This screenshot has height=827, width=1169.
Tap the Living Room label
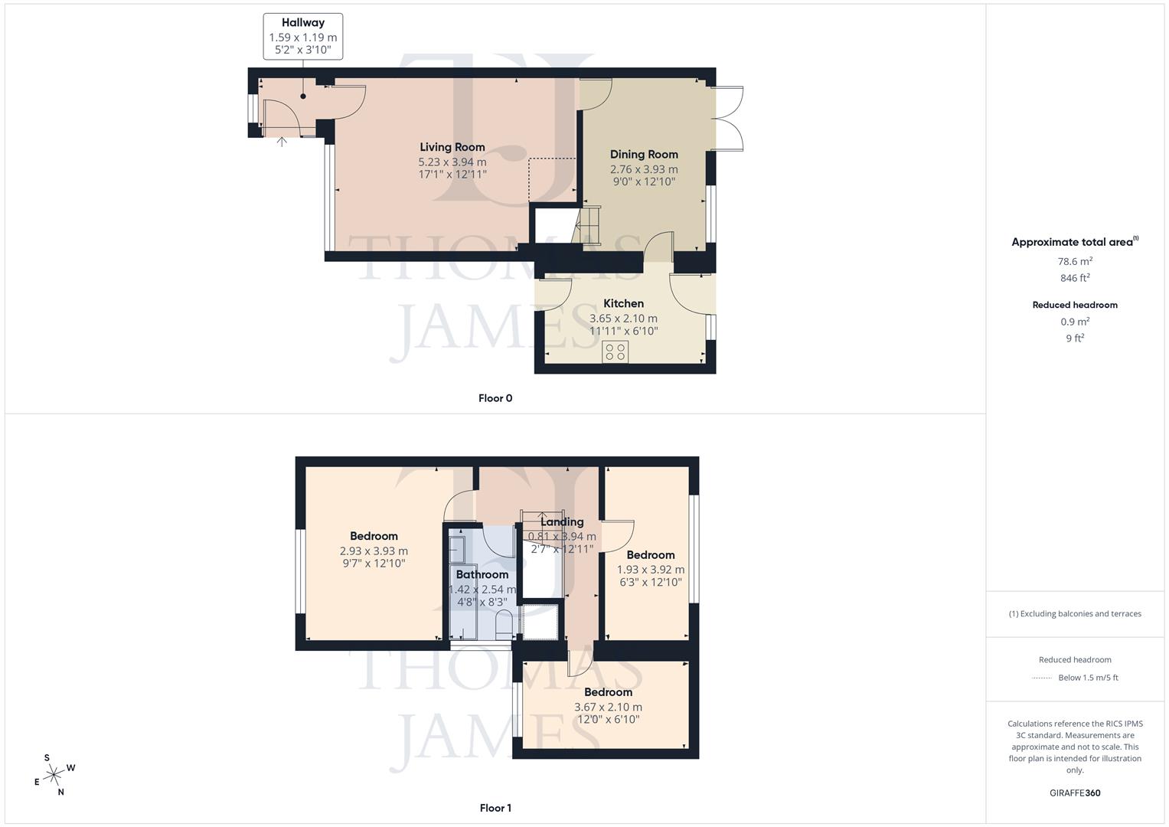coord(452,147)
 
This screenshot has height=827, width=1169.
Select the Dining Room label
coord(644,155)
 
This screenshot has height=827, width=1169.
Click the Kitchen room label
coord(623,303)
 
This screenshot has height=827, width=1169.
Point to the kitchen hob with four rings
coord(615,351)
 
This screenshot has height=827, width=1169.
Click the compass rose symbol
coord(54,776)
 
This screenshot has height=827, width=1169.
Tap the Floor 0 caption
coord(495,398)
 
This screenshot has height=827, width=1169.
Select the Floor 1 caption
coord(495,808)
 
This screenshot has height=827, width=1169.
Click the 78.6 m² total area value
coord(1075,261)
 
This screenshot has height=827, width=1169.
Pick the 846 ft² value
coord(1075,278)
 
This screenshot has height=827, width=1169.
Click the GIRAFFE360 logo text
coord(1075,793)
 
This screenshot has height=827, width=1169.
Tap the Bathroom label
coord(482,574)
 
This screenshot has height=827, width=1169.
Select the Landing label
coord(562,522)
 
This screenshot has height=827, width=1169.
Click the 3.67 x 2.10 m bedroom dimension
coord(608,707)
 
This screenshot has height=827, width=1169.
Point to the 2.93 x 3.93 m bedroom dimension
coord(374,551)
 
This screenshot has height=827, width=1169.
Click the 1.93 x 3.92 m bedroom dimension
coord(651,570)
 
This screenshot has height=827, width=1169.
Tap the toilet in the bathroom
coord(504,624)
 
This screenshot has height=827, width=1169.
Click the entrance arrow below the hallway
coord(282,141)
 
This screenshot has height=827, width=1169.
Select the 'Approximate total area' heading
coord(1073,242)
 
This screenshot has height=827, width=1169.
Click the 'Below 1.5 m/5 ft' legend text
coord(1088,678)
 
